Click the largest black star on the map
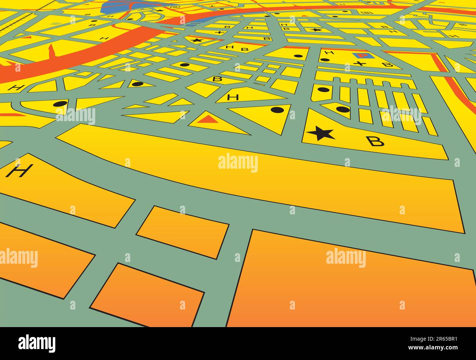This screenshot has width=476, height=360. tap(321, 134)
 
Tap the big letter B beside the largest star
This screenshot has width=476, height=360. tap(376, 141)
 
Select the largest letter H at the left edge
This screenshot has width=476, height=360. tap(19, 170)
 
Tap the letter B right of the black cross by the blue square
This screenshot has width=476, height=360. tap(387, 65)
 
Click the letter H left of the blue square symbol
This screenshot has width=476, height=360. tap(329, 53)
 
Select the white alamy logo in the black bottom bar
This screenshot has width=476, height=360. tap(37, 343)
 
